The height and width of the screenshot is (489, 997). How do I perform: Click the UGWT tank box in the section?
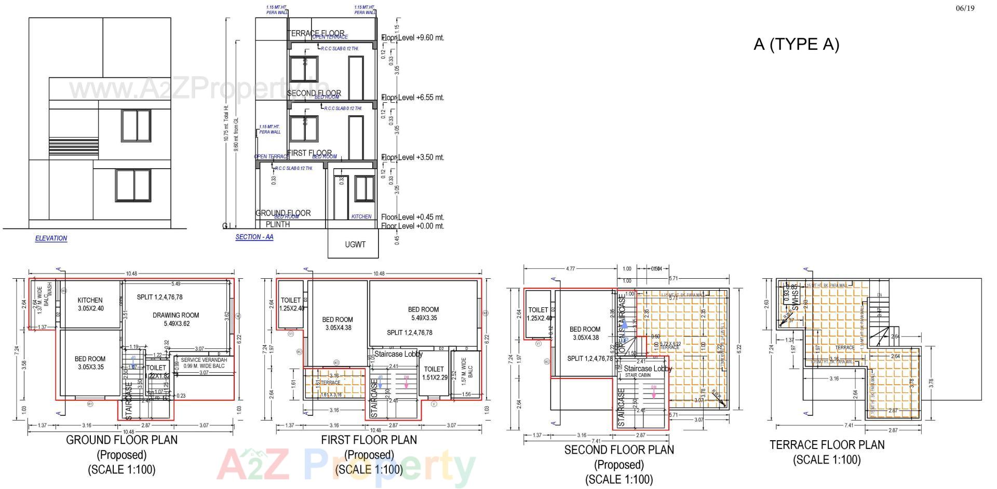pyautogui.click(x=355, y=244)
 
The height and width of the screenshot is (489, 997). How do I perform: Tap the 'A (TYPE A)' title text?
pyautogui.click(x=796, y=45)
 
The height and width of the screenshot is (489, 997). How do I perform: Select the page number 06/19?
pyautogui.click(x=965, y=8)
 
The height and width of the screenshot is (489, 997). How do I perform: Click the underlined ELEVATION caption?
pyautogui.click(x=51, y=238)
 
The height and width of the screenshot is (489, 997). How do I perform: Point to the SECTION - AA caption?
pyautogui.click(x=254, y=237)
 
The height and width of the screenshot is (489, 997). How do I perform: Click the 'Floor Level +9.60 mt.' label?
pyautogui.click(x=413, y=38)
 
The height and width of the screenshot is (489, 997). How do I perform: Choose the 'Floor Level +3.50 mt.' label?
pyautogui.click(x=413, y=157)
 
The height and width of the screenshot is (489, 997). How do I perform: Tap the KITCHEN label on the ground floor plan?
pyautogui.click(x=90, y=301)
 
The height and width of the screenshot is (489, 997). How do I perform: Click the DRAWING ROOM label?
pyautogui.click(x=176, y=315)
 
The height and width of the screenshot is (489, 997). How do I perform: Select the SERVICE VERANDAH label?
pyautogui.click(x=204, y=360)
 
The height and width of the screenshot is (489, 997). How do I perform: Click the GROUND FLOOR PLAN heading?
pyautogui.click(x=122, y=440)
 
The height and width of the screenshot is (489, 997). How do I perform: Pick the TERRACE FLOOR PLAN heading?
pyautogui.click(x=827, y=445)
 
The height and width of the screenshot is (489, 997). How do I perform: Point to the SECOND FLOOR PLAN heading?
pyautogui.click(x=619, y=450)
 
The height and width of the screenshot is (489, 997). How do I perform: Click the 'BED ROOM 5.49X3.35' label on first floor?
pyautogui.click(x=423, y=314)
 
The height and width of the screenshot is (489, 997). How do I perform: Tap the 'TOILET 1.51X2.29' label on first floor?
pyautogui.click(x=434, y=373)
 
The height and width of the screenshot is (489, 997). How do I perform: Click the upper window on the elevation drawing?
pyautogui.click(x=136, y=125)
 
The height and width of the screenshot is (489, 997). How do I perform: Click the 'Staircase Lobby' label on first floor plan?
pyautogui.click(x=398, y=355)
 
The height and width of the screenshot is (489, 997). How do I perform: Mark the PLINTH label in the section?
pyautogui.click(x=278, y=224)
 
